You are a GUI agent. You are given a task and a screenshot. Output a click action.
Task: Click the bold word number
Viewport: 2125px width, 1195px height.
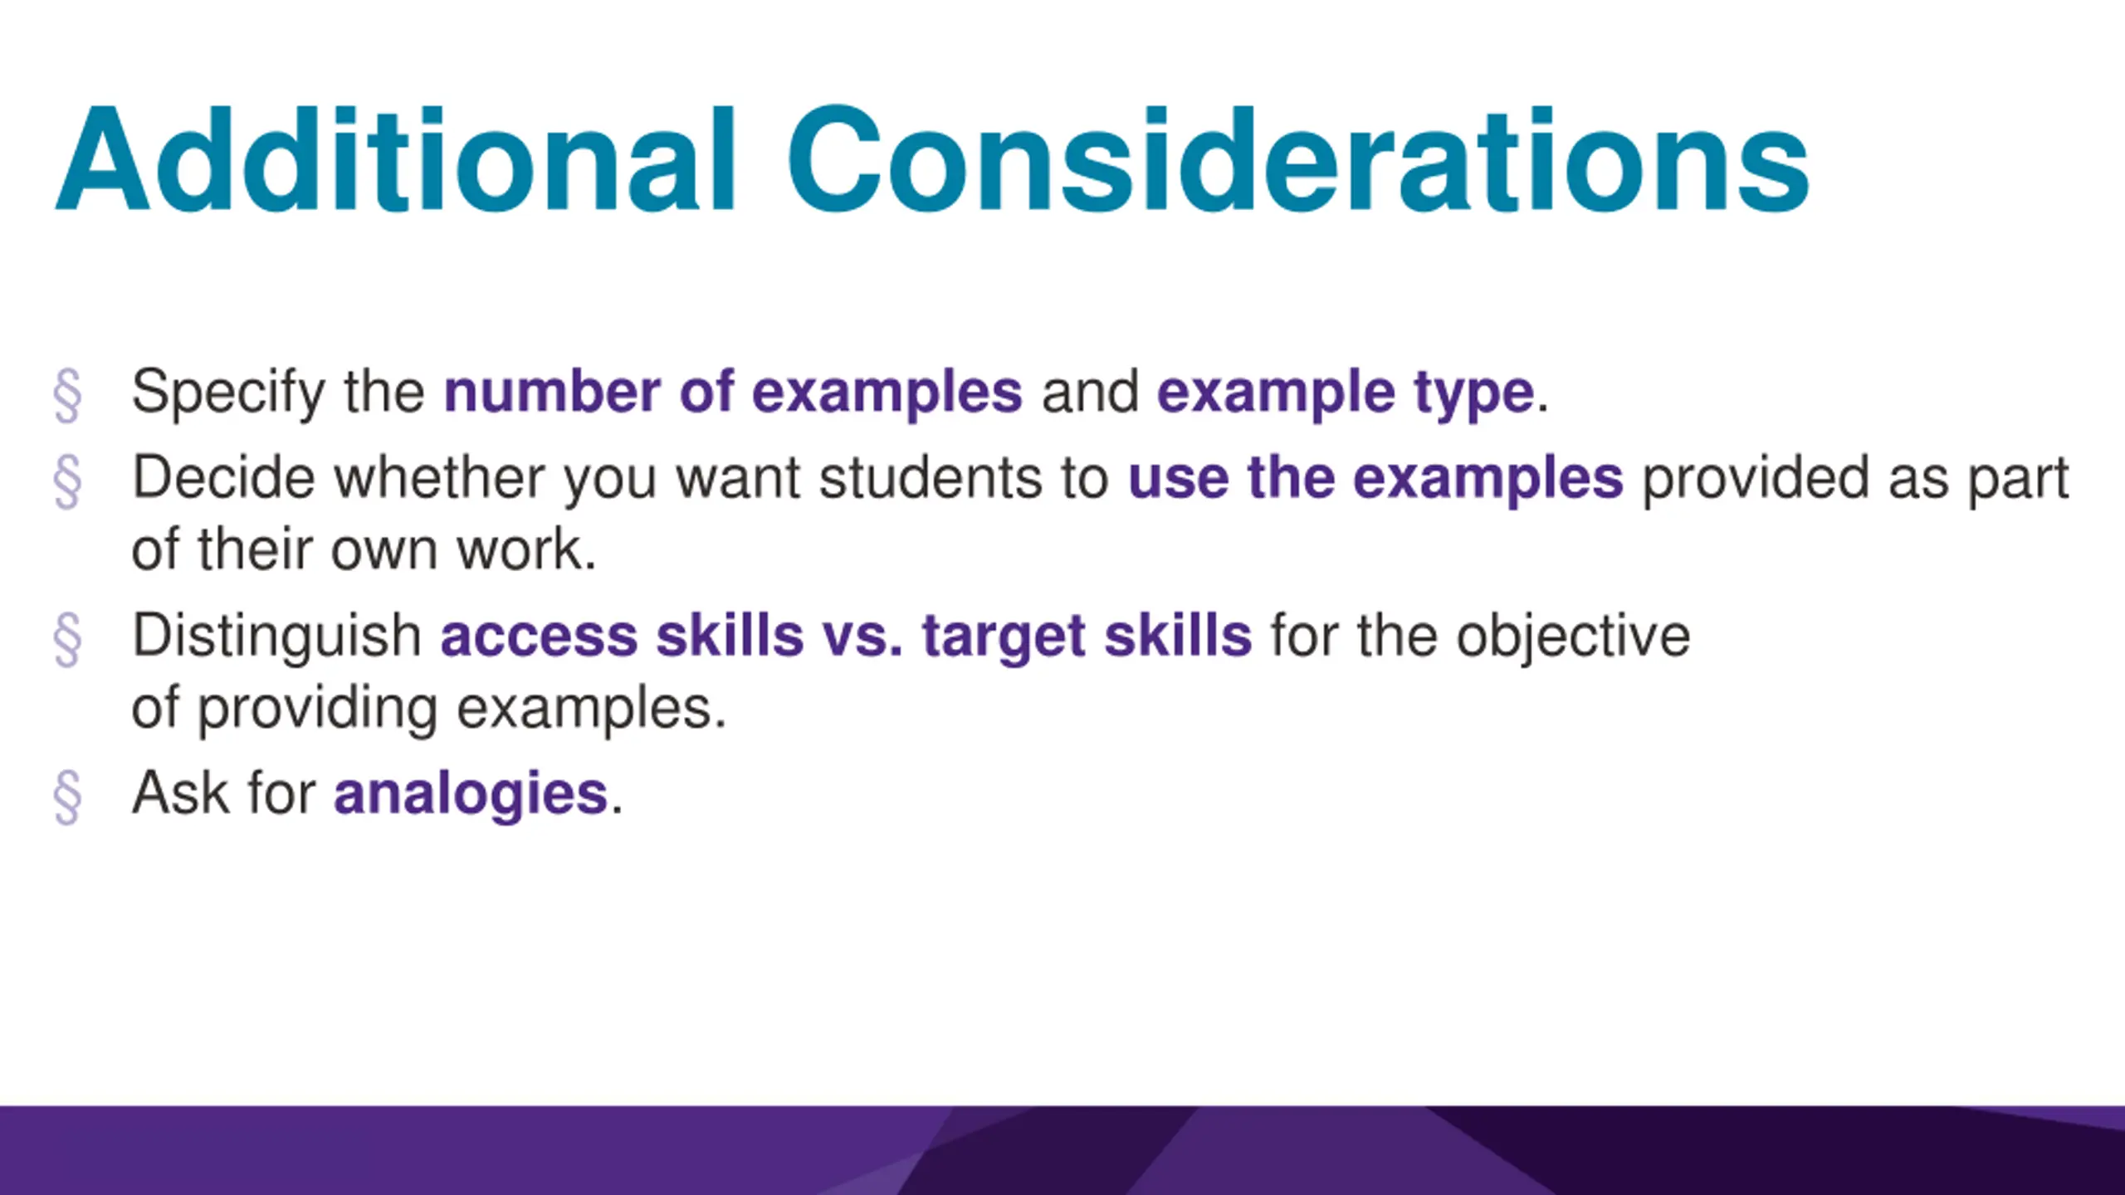pyautogui.click(x=552, y=392)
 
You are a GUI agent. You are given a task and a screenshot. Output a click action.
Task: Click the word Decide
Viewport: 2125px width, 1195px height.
pyautogui.click(x=223, y=478)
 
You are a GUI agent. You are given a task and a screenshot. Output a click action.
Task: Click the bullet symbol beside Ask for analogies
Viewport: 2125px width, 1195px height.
pyautogui.click(x=67, y=797)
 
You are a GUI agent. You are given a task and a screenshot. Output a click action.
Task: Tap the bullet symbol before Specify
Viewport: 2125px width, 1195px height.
pyautogui.click(x=67, y=396)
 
